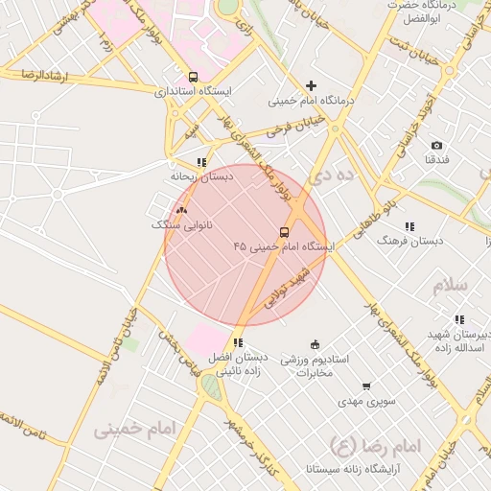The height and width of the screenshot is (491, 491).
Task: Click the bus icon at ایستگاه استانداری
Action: click(194, 77)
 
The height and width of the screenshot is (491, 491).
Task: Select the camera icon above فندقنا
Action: click(436, 145)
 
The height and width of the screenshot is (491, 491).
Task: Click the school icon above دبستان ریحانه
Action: click(200, 162)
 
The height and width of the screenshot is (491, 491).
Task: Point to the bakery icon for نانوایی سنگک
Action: click(182, 208)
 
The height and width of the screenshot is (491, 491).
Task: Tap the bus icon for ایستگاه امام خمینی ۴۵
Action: click(284, 232)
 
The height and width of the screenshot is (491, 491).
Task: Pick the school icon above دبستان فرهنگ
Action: click(409, 226)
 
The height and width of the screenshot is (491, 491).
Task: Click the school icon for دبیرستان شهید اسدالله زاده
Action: click(459, 319)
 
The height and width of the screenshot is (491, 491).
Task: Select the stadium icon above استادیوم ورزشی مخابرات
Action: click(315, 344)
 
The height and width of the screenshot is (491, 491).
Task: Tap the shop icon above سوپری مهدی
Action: click(366, 386)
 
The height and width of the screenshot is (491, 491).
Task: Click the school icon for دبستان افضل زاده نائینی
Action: click(238, 342)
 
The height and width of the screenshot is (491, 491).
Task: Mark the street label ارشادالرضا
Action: click(33, 75)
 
